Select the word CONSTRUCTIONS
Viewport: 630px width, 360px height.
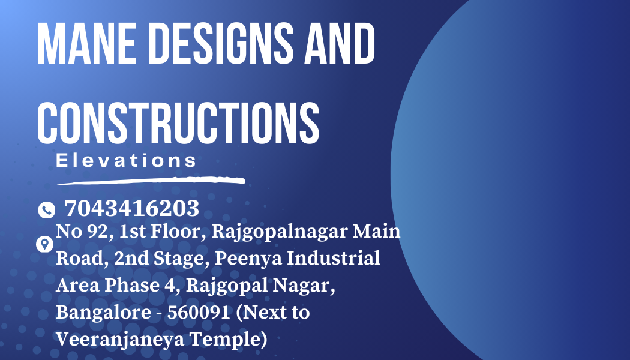[178, 123]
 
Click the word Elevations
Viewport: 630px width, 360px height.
[126, 160]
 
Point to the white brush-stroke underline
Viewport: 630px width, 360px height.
[151, 181]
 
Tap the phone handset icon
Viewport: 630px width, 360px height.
[47, 210]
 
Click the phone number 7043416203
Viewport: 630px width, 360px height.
[132, 208]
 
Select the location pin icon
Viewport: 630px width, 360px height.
[44, 244]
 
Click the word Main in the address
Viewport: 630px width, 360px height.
[376, 232]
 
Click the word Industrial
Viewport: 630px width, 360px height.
[334, 258]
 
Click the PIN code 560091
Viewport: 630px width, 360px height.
[199, 312]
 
